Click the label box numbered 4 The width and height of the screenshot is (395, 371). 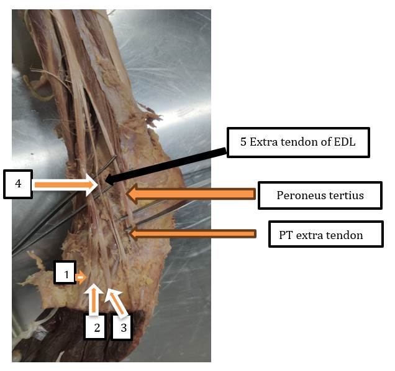pyautogui.click(x=17, y=184)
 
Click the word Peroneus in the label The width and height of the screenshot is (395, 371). pyautogui.click(x=291, y=196)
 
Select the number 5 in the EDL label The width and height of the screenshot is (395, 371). pyautogui.click(x=243, y=143)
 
